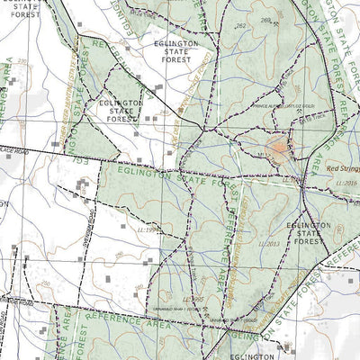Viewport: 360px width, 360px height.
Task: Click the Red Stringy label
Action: click(342, 167)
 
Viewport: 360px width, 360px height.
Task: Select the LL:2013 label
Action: click(268, 244)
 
